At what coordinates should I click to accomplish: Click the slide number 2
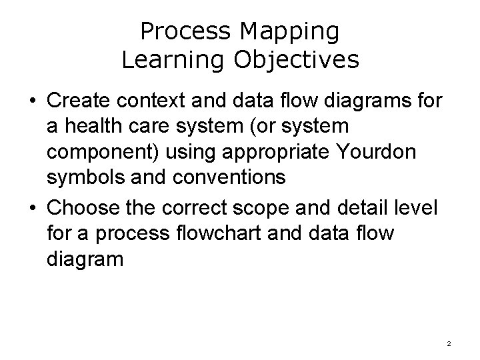pos(449,344)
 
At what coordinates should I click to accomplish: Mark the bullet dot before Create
pos(31,102)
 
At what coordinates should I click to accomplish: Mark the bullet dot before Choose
pos(31,208)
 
